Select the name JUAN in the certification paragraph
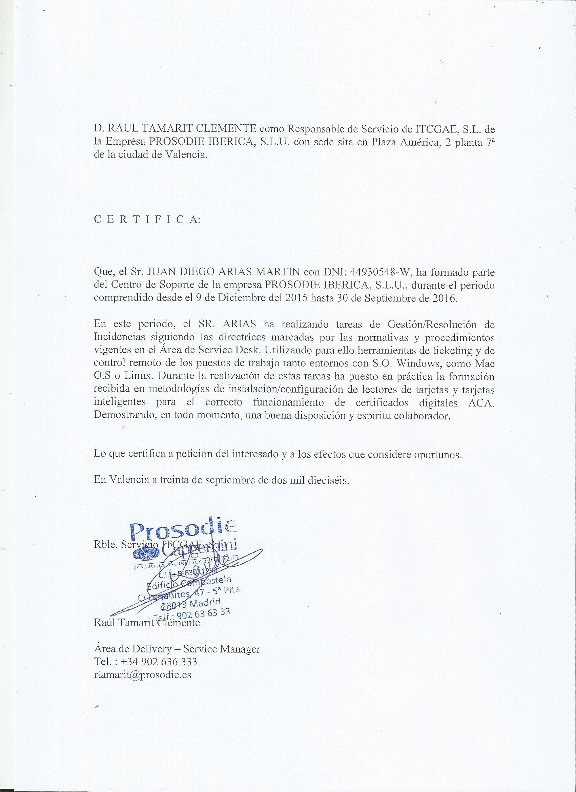[x=160, y=272]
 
